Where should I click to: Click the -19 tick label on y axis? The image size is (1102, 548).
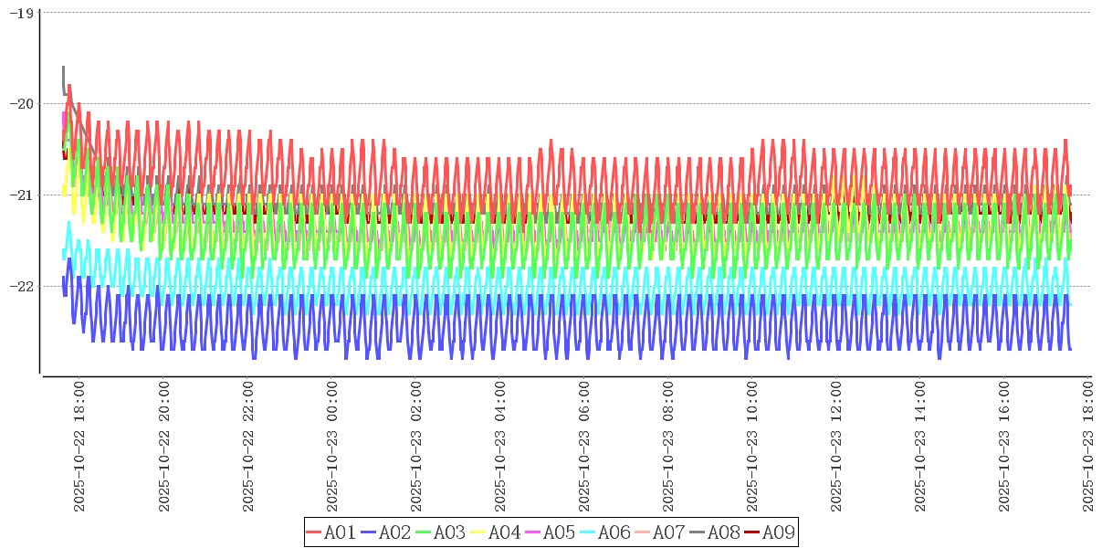pyautogui.click(x=21, y=13)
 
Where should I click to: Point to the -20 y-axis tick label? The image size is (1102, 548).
pyautogui.click(x=21, y=104)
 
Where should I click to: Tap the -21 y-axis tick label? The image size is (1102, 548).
pyautogui.click(x=21, y=195)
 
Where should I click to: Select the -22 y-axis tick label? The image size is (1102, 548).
pyautogui.click(x=21, y=287)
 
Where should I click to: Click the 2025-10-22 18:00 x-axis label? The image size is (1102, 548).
pyautogui.click(x=79, y=447)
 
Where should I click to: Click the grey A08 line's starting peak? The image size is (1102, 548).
pyautogui.click(x=63, y=68)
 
